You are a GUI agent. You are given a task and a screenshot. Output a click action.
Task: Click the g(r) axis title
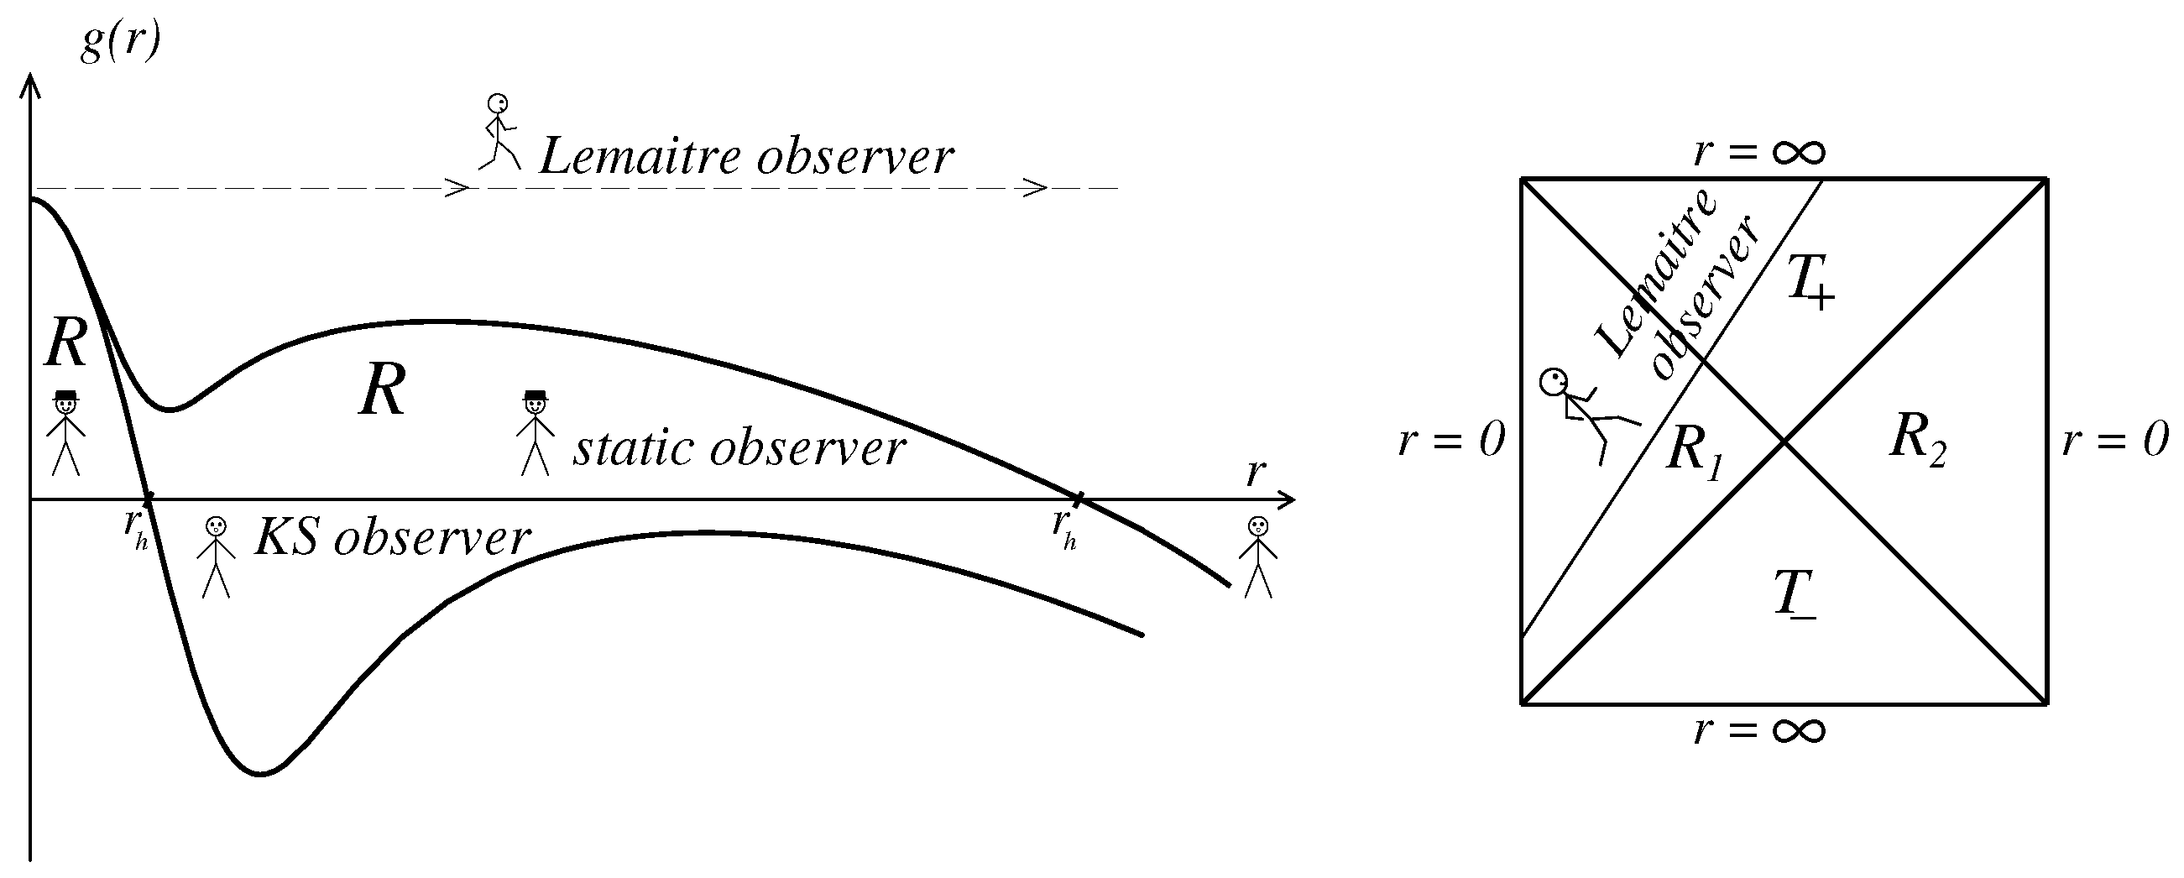(x=119, y=42)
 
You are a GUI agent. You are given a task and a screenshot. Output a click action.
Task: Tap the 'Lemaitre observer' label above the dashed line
(x=746, y=157)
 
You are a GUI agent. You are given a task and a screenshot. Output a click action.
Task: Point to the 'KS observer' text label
(x=393, y=537)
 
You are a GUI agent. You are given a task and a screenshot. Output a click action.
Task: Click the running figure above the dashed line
(x=499, y=131)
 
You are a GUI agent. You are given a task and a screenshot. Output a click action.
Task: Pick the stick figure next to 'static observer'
(x=535, y=432)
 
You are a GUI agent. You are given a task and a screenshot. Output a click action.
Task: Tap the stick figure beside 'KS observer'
(x=217, y=557)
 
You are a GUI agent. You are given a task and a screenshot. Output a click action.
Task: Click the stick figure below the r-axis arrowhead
(x=1258, y=557)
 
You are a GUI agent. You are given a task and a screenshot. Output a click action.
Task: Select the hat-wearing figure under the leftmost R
(x=65, y=432)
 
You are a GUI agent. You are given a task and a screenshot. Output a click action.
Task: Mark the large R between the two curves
(x=382, y=390)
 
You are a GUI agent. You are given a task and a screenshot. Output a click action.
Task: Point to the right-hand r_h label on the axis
(x=1065, y=530)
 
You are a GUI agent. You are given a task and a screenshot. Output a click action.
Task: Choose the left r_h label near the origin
(x=136, y=529)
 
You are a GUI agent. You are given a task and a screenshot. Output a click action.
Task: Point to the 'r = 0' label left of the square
(x=1451, y=441)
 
